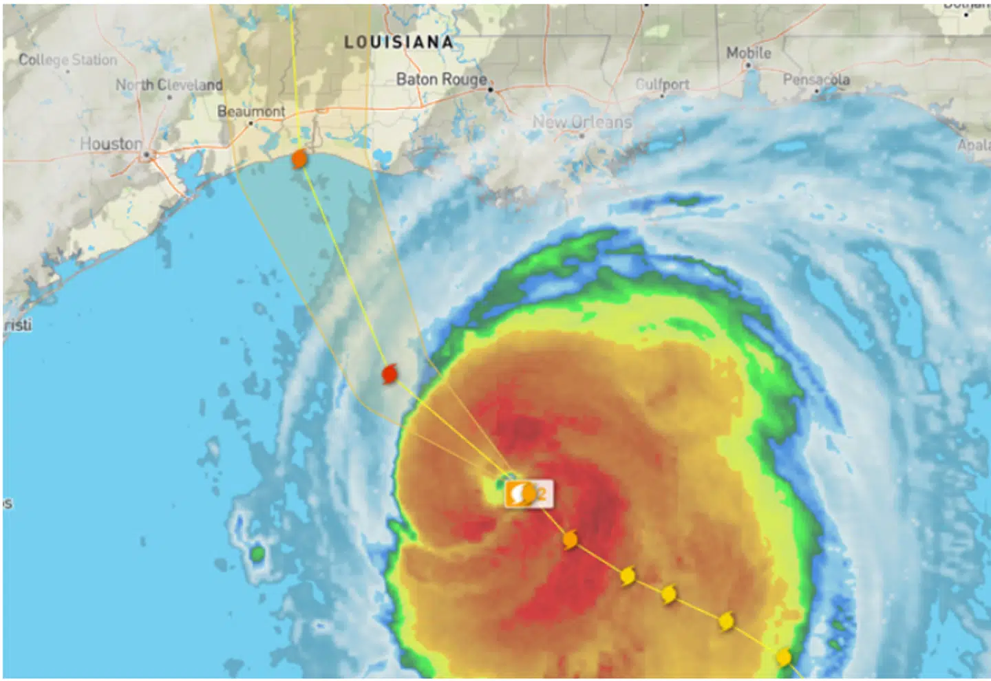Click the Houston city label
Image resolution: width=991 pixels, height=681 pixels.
click(x=111, y=144)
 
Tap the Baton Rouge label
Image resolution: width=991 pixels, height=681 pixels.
click(x=441, y=80)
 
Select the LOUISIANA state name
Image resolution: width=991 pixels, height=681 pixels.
click(x=398, y=43)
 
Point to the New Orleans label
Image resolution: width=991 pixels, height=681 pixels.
click(x=582, y=122)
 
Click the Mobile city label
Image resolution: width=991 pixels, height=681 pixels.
click(x=748, y=52)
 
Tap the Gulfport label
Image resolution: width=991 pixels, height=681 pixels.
click(x=662, y=84)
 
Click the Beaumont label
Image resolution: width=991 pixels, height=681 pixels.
click(x=251, y=111)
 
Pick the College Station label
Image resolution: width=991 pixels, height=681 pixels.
click(x=67, y=60)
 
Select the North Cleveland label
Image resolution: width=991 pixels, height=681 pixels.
click(x=169, y=85)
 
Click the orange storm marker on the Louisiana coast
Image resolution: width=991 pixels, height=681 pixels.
click(x=299, y=160)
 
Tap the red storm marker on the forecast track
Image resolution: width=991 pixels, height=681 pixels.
click(x=390, y=374)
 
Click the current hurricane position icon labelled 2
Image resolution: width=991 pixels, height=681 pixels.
click(x=528, y=494)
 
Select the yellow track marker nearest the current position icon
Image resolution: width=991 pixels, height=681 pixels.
click(x=570, y=540)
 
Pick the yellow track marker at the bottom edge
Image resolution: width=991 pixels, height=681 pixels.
click(x=783, y=658)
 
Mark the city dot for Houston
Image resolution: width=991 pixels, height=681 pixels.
click(x=147, y=155)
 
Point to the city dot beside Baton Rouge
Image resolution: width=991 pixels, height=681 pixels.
click(x=491, y=89)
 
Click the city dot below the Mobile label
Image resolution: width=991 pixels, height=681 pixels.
click(x=748, y=66)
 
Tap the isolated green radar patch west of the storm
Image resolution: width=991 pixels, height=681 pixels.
click(x=257, y=553)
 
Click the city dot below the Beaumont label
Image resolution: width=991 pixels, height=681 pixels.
click(x=251, y=123)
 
